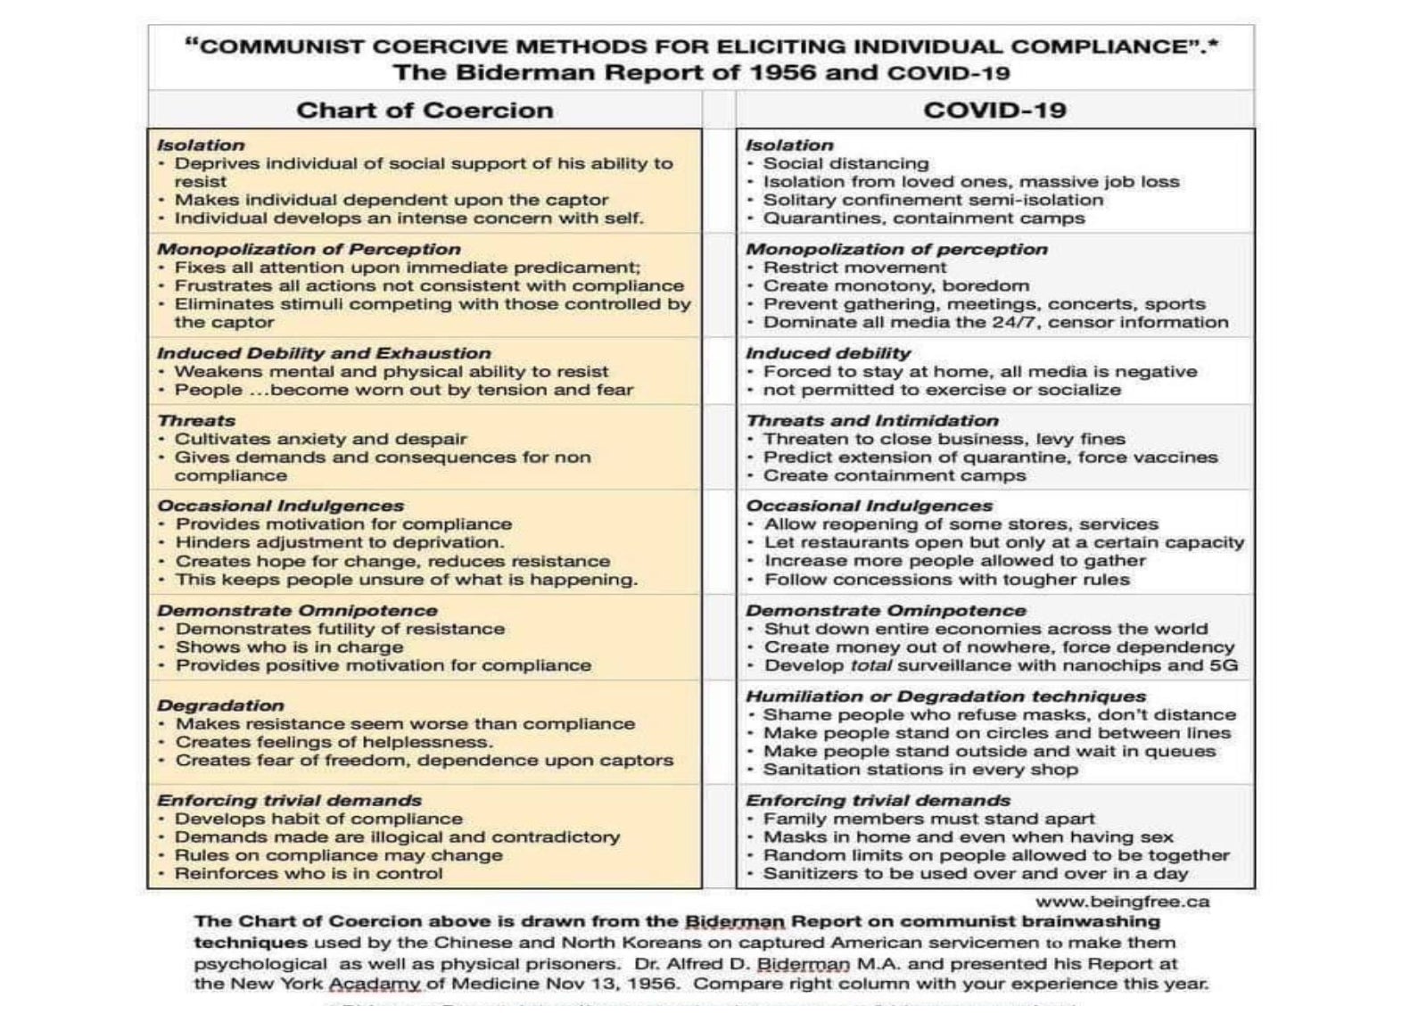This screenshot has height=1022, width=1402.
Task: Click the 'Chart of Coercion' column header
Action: click(x=425, y=111)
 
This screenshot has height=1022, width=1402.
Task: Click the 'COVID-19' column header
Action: click(x=994, y=111)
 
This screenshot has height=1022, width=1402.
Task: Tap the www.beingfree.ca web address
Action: click(x=1122, y=902)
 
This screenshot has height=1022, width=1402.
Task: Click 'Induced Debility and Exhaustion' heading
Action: click(x=324, y=353)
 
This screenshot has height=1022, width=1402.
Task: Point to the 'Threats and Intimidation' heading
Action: click(x=871, y=421)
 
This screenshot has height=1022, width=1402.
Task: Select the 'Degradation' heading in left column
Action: click(x=220, y=705)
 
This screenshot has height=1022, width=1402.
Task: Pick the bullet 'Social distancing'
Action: click(x=845, y=164)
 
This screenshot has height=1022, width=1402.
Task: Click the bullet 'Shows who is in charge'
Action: click(x=289, y=647)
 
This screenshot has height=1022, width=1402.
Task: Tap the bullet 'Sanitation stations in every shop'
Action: click(x=920, y=770)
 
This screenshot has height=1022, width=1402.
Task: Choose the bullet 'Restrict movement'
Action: click(x=854, y=268)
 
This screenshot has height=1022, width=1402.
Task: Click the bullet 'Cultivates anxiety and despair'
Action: click(x=320, y=439)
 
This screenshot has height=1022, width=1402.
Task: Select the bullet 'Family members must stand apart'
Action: click(x=928, y=819)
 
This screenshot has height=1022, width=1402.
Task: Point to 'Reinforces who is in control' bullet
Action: click(x=308, y=874)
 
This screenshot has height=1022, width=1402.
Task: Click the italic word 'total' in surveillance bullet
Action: click(x=870, y=666)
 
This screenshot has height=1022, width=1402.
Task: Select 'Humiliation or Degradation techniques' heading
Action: click(x=945, y=696)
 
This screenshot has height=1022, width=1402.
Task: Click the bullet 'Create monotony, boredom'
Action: click(x=895, y=286)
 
